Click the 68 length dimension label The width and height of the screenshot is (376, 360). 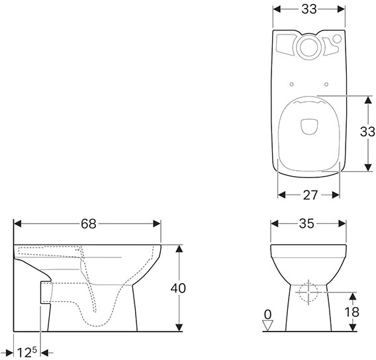[88, 224]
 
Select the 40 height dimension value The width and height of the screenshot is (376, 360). [177, 288]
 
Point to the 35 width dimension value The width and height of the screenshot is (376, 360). [306, 224]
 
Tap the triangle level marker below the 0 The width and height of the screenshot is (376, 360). [267, 324]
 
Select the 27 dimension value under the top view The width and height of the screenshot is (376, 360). [309, 195]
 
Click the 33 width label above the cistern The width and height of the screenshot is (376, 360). [309, 9]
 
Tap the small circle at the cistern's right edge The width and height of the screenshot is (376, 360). [340, 39]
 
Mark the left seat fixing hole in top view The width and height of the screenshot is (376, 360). [291, 83]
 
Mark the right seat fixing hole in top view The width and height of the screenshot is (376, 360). [327, 83]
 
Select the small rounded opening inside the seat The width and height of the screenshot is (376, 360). [309, 126]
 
